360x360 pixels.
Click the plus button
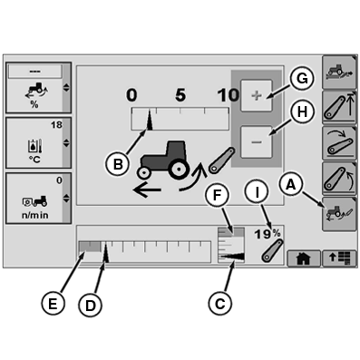[x=257, y=96]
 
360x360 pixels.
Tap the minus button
[x=257, y=141]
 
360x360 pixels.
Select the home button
[x=303, y=258]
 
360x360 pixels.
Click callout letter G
[x=302, y=78]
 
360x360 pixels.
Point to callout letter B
[x=118, y=165]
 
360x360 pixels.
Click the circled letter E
[x=53, y=303]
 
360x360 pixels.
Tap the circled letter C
[x=219, y=303]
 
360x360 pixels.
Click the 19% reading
[x=268, y=234]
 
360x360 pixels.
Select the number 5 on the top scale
[x=180, y=95]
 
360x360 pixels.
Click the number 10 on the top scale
[x=229, y=95]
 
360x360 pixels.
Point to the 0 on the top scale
[x=131, y=95]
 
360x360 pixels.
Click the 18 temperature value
[x=56, y=124]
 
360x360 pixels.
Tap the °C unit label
[x=34, y=160]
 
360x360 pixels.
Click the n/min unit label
[x=35, y=215]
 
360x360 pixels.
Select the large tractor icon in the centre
[x=164, y=160]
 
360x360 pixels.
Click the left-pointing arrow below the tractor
[x=147, y=190]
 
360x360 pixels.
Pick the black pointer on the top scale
[x=150, y=121]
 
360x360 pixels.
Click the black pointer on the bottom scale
[x=106, y=253]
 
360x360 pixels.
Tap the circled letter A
[x=291, y=184]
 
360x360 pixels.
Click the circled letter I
[x=257, y=193]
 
